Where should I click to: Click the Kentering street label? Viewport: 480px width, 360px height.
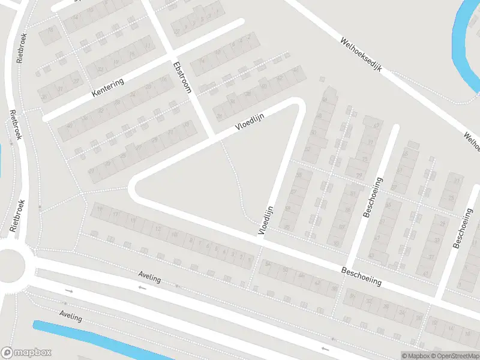coord(108,88)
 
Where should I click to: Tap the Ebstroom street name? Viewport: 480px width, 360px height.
coord(181,77)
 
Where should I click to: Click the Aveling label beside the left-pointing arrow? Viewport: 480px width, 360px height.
coord(150,277)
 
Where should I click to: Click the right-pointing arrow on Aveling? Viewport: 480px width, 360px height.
coord(69,291)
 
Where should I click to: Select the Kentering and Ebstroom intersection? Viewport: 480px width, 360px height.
coord(169,53)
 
